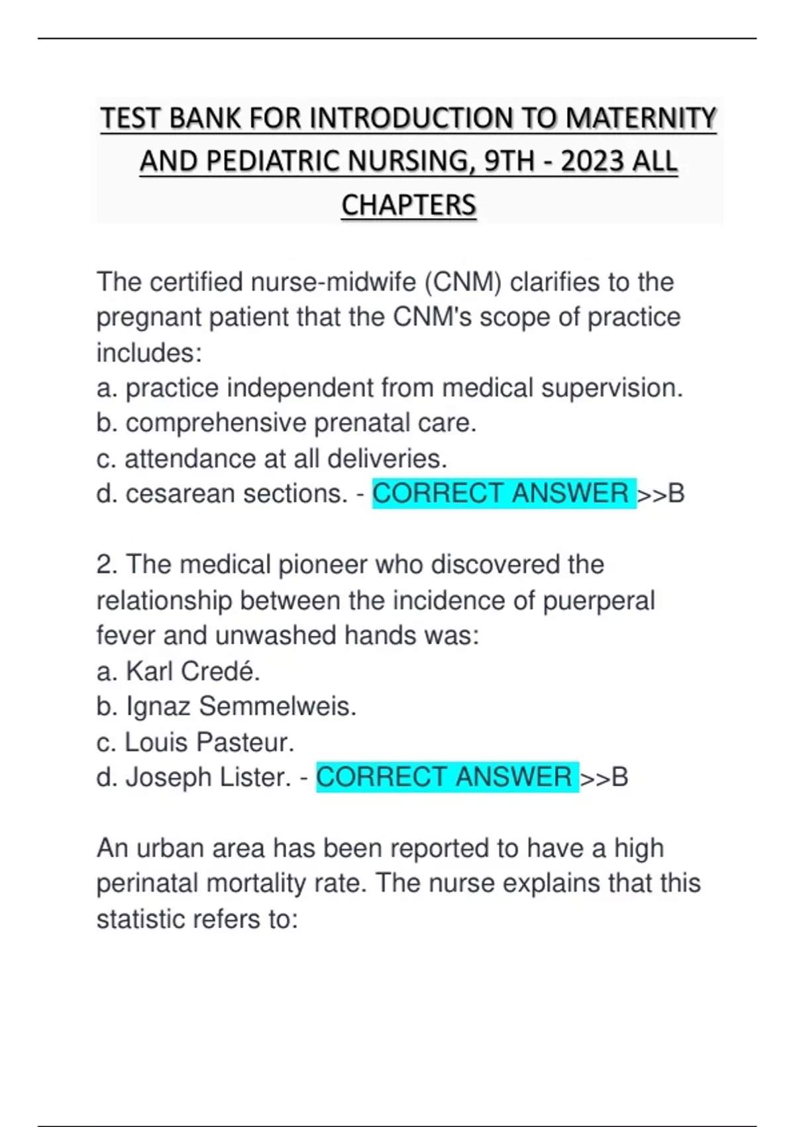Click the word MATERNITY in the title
pos(641,119)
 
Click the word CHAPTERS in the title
pos(409,205)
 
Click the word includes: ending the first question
pos(149,353)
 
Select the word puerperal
pos(598,601)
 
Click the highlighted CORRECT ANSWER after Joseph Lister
pos(446,778)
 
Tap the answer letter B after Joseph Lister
pos(619,778)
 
